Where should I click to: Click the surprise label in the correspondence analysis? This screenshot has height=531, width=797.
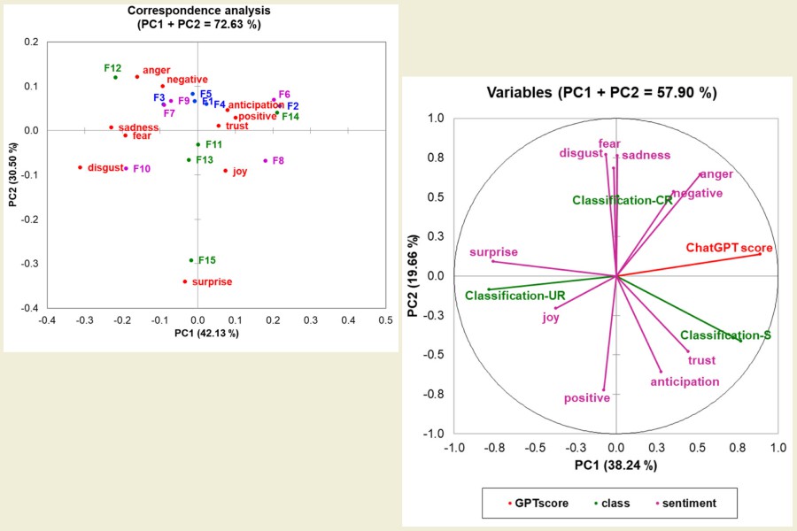coord(212,282)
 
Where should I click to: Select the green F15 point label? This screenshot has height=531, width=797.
coord(207,260)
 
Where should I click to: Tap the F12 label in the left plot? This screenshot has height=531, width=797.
coord(112,68)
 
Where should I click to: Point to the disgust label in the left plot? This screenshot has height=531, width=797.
coord(104,168)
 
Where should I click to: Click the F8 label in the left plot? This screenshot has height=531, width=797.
coord(278,161)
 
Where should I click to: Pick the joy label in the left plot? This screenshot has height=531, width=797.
coord(240,172)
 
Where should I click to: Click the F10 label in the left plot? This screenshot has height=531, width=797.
coord(142,169)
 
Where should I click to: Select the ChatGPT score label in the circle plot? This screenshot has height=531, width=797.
coord(729,248)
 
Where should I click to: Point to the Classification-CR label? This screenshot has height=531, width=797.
coord(622,201)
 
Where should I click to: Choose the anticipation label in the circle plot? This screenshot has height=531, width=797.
coord(685,382)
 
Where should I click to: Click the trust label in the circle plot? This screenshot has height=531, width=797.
coord(701,361)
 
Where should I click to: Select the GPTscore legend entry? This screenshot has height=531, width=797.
coord(544,504)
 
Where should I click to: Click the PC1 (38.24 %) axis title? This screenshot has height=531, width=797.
coord(615,466)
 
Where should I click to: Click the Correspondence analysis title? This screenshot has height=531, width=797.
coord(198,11)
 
